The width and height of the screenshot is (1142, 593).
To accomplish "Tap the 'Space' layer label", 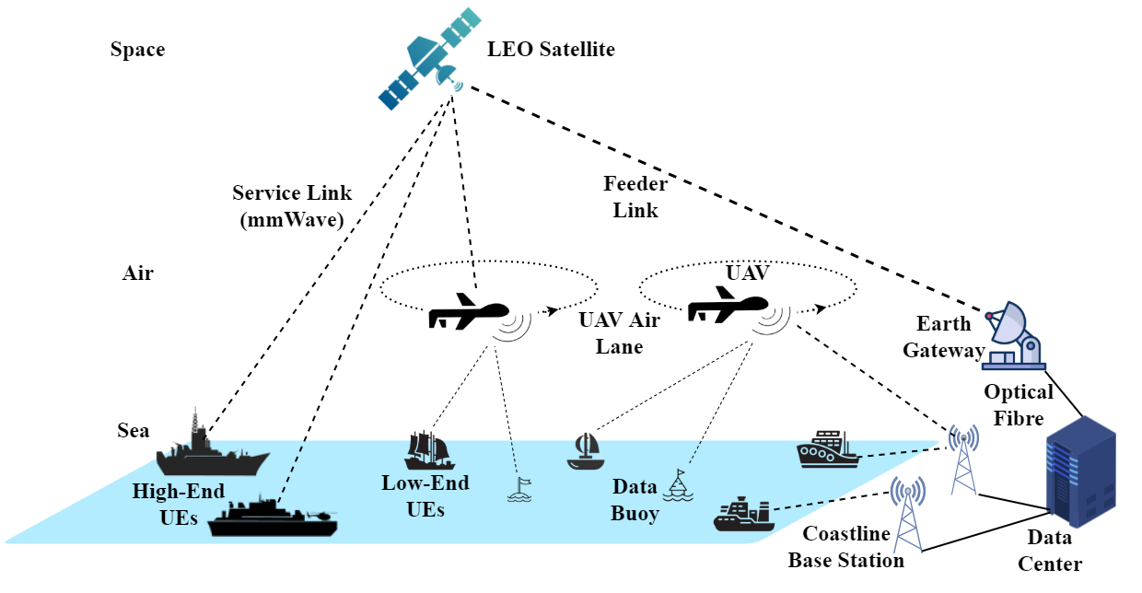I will [137, 50].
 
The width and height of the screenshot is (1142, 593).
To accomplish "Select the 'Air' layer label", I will [137, 273].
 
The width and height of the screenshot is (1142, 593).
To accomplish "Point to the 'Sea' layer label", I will [134, 431].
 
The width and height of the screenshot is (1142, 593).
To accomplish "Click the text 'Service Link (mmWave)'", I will [292, 207].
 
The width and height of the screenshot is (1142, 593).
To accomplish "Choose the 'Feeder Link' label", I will [635, 196].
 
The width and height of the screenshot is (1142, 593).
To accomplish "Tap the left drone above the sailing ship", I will [469, 313].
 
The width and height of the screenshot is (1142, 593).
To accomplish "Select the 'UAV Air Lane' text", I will [611, 334].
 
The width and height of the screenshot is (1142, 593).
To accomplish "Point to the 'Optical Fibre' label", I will [1019, 405].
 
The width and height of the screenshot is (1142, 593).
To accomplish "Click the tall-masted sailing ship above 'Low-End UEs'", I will [426, 451].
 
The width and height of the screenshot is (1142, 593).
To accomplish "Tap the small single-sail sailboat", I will [584, 450].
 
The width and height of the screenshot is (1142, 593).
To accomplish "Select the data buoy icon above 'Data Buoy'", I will [681, 484].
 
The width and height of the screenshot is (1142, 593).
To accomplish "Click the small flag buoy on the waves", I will [519, 489].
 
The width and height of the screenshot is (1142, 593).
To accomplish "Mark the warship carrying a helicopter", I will [273, 518].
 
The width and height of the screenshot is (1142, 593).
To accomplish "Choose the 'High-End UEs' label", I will [179, 504].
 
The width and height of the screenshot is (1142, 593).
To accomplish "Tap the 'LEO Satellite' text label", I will [551, 50].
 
